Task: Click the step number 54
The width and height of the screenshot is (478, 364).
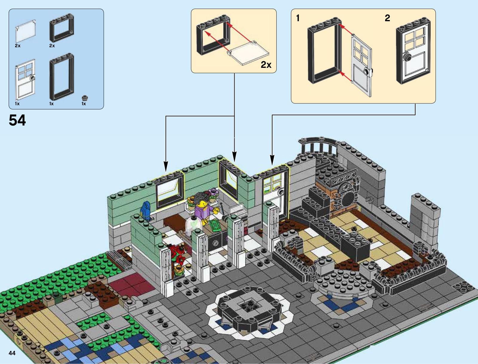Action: click(x=17, y=120)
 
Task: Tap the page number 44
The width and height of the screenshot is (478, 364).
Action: click(x=12, y=353)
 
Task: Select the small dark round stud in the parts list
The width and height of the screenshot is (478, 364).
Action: click(x=85, y=98)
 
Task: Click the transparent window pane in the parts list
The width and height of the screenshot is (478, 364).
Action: click(x=25, y=31)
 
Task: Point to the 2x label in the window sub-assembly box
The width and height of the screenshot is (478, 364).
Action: click(x=266, y=65)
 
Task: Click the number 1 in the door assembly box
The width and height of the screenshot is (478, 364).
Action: click(x=298, y=18)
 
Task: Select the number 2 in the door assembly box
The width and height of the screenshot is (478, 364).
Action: click(x=387, y=18)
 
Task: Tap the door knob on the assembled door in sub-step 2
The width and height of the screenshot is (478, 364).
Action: click(x=407, y=58)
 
